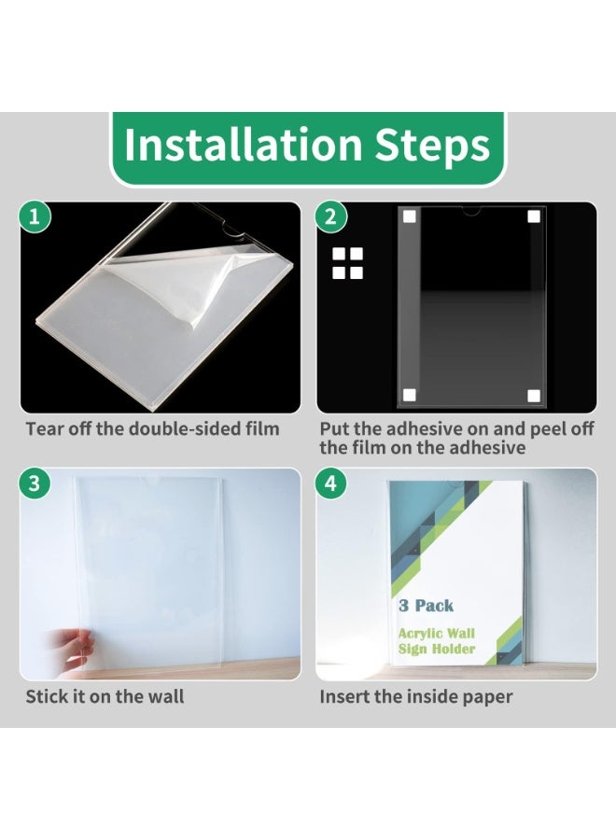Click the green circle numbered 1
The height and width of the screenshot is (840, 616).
pos(35,217)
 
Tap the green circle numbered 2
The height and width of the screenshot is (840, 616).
pos(331,217)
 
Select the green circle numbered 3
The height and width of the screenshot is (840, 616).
pos(35,483)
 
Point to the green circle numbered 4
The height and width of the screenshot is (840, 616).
pos(331,483)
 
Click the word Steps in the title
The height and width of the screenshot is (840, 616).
pos(432,146)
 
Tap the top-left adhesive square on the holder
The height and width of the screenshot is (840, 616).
pos(409,217)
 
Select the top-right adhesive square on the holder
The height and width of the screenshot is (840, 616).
pos(534,217)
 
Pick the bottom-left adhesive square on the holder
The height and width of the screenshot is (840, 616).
pos(409,396)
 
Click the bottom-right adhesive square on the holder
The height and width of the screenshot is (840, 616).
pos(534,396)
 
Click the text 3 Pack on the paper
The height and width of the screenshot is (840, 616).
pos(426,606)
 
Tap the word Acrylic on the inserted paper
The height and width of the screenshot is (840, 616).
pos(421,635)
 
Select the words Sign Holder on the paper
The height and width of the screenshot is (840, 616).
pos(437,650)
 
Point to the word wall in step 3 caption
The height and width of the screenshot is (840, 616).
pos(165,696)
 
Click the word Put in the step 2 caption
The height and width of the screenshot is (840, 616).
pos(334,428)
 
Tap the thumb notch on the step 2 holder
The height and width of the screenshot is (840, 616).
pos(470,211)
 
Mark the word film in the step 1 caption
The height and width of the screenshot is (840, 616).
pos(262,428)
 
